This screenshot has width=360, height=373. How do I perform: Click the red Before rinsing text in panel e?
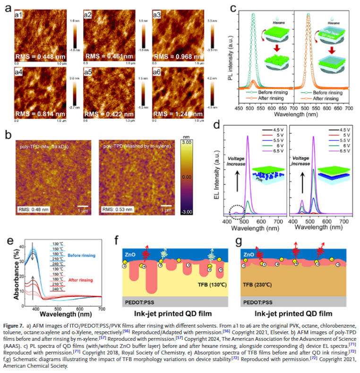click(x=81, y=255)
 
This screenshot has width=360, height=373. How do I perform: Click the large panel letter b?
click(x=8, y=135)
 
